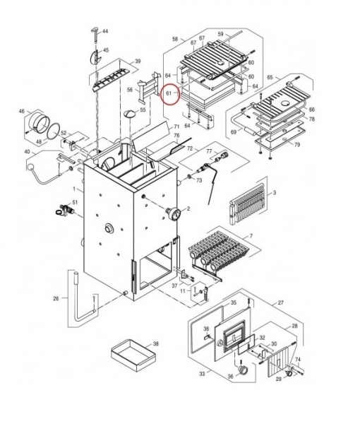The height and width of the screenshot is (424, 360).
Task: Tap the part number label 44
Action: [x=105, y=31]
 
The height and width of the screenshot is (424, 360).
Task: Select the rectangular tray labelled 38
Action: [x=133, y=355]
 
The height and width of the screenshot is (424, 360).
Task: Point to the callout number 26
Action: [x=56, y=298]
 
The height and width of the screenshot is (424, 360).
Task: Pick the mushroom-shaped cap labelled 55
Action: [x=131, y=114]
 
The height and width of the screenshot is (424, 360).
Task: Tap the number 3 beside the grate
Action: [x=275, y=193]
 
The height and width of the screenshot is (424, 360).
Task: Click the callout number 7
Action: [x=251, y=236]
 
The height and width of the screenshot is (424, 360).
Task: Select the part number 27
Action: [x=281, y=302]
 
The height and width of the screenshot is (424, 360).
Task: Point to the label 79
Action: [x=296, y=145]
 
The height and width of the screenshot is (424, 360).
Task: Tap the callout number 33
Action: [x=202, y=374]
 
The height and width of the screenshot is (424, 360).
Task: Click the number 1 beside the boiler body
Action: [x=75, y=189]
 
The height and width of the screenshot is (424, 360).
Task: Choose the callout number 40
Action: [x=28, y=152]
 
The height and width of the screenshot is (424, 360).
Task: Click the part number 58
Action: [x=175, y=39]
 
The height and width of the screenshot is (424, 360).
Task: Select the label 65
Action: [x=270, y=77]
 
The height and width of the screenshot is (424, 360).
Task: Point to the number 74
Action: [x=297, y=360]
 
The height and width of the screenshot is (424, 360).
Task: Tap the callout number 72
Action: [x=190, y=148]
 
